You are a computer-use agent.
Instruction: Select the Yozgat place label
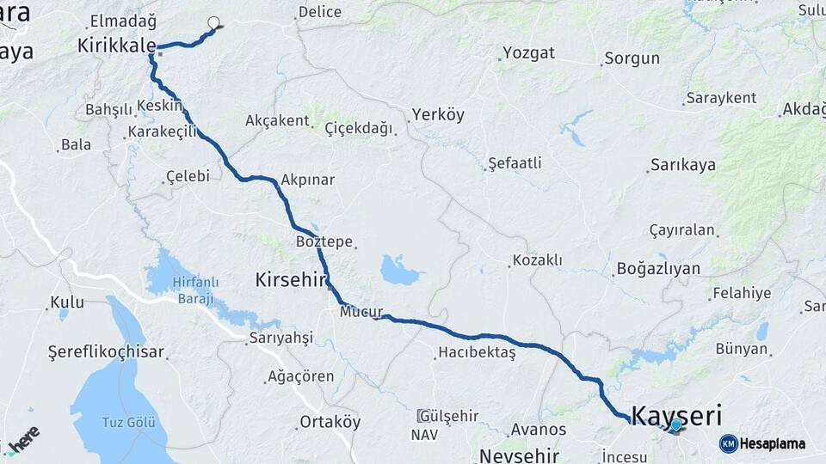528,53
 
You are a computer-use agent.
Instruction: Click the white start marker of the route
213,24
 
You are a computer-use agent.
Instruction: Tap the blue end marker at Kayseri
676,424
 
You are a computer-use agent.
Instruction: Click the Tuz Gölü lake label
130,422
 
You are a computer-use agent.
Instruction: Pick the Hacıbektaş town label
477,352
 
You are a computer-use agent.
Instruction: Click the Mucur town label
361,312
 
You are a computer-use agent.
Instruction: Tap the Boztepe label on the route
324,241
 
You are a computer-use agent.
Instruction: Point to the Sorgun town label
632,59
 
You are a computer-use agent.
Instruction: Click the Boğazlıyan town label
658,269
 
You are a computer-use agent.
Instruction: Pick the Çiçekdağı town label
359,128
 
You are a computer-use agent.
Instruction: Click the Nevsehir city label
520,455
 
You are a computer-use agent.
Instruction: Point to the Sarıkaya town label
683,166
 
